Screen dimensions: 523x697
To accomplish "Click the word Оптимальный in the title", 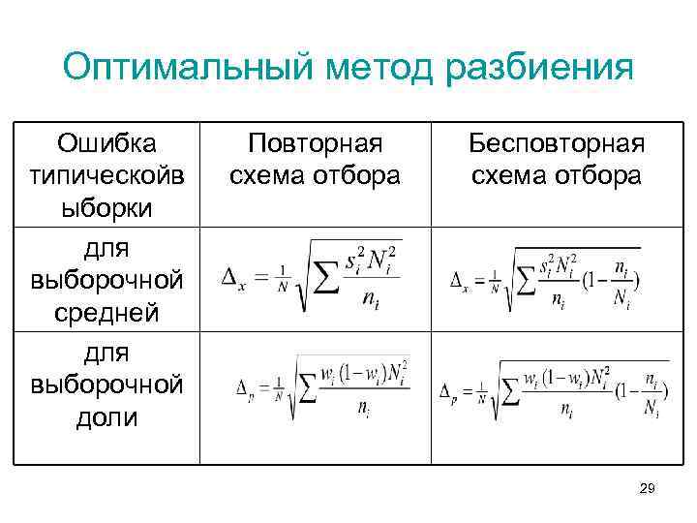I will (x=186, y=69).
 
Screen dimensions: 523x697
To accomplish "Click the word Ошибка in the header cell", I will (x=106, y=143).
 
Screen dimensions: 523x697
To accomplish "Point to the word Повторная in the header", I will (x=315, y=143).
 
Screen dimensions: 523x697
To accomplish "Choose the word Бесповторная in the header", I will (x=557, y=143).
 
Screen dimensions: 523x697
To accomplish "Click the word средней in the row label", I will (x=106, y=313).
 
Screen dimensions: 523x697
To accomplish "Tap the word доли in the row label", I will (x=106, y=418).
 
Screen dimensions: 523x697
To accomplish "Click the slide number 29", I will (x=649, y=492).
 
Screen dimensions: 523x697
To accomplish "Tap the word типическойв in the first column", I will (x=106, y=175).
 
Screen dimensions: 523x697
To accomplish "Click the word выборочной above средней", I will (x=106, y=281).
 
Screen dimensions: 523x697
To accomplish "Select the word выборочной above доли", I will (x=106, y=385).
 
